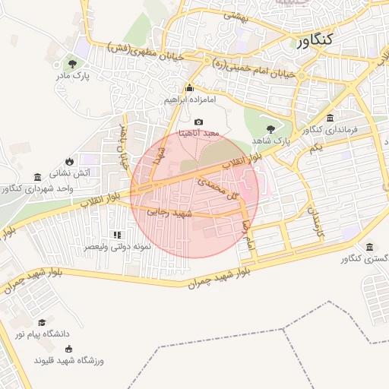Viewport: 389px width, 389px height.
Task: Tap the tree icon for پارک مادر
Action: [x=72, y=64]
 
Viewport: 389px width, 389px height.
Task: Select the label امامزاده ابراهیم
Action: [x=190, y=100]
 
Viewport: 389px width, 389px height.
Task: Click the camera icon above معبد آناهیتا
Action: [x=199, y=122]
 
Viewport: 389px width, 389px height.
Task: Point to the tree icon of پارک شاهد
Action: [x=270, y=128]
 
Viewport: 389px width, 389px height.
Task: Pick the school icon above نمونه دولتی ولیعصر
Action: [x=116, y=235]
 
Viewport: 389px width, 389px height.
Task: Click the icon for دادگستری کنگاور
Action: [x=369, y=248]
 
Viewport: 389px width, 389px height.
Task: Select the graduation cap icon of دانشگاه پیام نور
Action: [x=41, y=321]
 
